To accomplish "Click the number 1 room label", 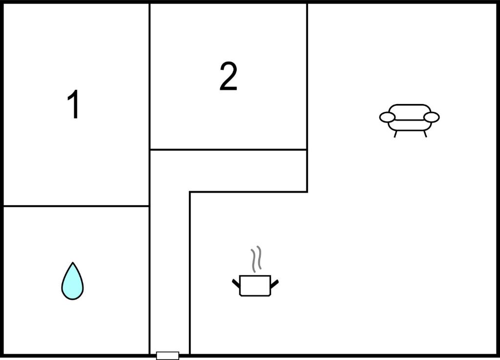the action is pyautogui.click(x=74, y=104).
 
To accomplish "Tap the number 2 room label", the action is pyautogui.click(x=229, y=76).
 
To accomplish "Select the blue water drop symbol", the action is pyautogui.click(x=73, y=281).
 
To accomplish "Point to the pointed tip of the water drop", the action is pyautogui.click(x=73, y=262).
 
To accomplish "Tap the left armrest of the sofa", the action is pyautogui.click(x=387, y=117).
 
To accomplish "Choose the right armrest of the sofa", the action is pyautogui.click(x=432, y=117).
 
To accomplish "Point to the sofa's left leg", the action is pyautogui.click(x=396, y=134).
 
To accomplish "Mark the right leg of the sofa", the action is pyautogui.click(x=425, y=134).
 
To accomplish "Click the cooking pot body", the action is pyautogui.click(x=255, y=286).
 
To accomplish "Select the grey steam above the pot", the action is pyautogui.click(x=256, y=259).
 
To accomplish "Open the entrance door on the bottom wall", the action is pyautogui.click(x=168, y=356).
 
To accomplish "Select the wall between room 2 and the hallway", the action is pyautogui.click(x=229, y=149).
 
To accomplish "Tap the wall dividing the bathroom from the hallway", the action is pyautogui.click(x=149, y=280).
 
